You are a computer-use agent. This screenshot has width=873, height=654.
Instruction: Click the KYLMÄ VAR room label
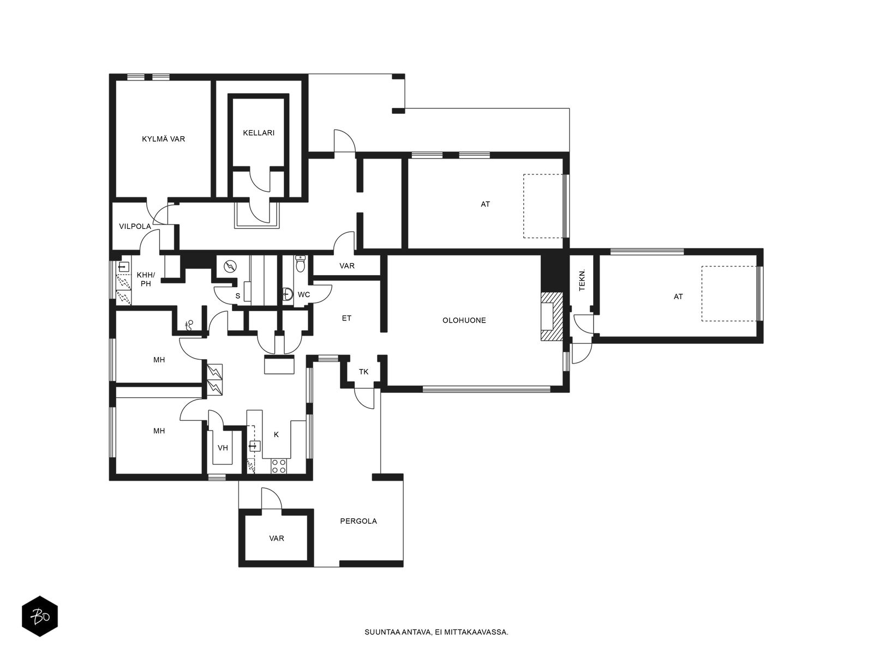pos(164,139)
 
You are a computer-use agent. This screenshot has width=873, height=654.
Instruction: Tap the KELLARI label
pos(259,133)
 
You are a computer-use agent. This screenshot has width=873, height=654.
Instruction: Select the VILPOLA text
pos(135,226)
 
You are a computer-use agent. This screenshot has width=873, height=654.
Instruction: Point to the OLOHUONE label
pos(464,320)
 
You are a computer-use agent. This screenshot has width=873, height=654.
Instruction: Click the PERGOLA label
pos(358,521)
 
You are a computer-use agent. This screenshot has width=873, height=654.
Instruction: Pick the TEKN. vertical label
pos(582,280)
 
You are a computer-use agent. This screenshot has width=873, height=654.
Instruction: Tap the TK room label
pos(363,372)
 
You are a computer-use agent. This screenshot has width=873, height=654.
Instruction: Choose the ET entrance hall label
pos(346,318)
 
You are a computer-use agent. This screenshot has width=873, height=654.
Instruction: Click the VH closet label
pos(223,448)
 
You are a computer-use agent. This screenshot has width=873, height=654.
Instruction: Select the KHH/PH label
pos(146,279)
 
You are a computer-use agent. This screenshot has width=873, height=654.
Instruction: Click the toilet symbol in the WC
pos(300,263)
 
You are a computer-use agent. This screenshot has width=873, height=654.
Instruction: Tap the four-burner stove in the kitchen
pos(278,466)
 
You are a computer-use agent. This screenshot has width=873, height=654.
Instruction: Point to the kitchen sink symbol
pos(255,446)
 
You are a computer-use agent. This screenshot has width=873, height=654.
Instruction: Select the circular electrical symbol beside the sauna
pos(230,267)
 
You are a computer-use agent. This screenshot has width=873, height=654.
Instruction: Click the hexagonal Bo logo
pos(40,616)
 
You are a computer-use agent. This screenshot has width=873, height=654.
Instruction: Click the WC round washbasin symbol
pos(288,294)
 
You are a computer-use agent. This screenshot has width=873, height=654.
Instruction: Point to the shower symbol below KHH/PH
pos(189,325)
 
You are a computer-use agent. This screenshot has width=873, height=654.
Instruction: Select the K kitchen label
pos(276,435)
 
